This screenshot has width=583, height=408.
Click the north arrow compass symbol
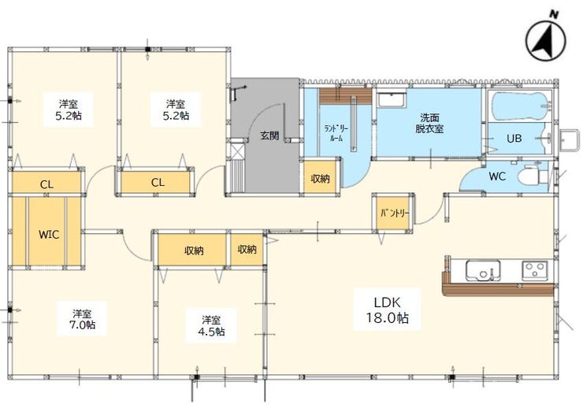[x=545, y=39]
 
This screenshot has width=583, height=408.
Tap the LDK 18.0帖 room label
[x=387, y=310]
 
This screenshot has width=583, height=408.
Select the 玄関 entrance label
[x=269, y=135]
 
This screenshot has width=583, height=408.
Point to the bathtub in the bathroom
[x=522, y=106]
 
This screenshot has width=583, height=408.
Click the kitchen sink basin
[x=483, y=270]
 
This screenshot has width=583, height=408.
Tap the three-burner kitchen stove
[x=534, y=270]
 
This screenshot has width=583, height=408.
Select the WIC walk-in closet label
[x=49, y=235]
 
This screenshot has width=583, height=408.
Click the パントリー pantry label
[x=395, y=213]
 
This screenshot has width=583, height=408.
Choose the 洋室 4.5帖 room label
[x=211, y=325]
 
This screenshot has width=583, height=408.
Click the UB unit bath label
[x=514, y=138]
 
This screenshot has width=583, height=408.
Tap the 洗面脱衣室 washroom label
[x=429, y=124]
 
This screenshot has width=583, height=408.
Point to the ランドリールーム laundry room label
[x=336, y=134]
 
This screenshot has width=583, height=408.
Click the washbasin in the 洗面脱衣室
[x=392, y=100]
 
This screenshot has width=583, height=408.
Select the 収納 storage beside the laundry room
[x=320, y=179]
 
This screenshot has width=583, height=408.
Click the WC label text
[x=497, y=176]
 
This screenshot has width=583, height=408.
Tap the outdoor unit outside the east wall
[x=569, y=140]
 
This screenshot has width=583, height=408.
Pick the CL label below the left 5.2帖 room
[x=46, y=184]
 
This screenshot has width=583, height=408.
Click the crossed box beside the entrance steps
[x=237, y=150]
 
